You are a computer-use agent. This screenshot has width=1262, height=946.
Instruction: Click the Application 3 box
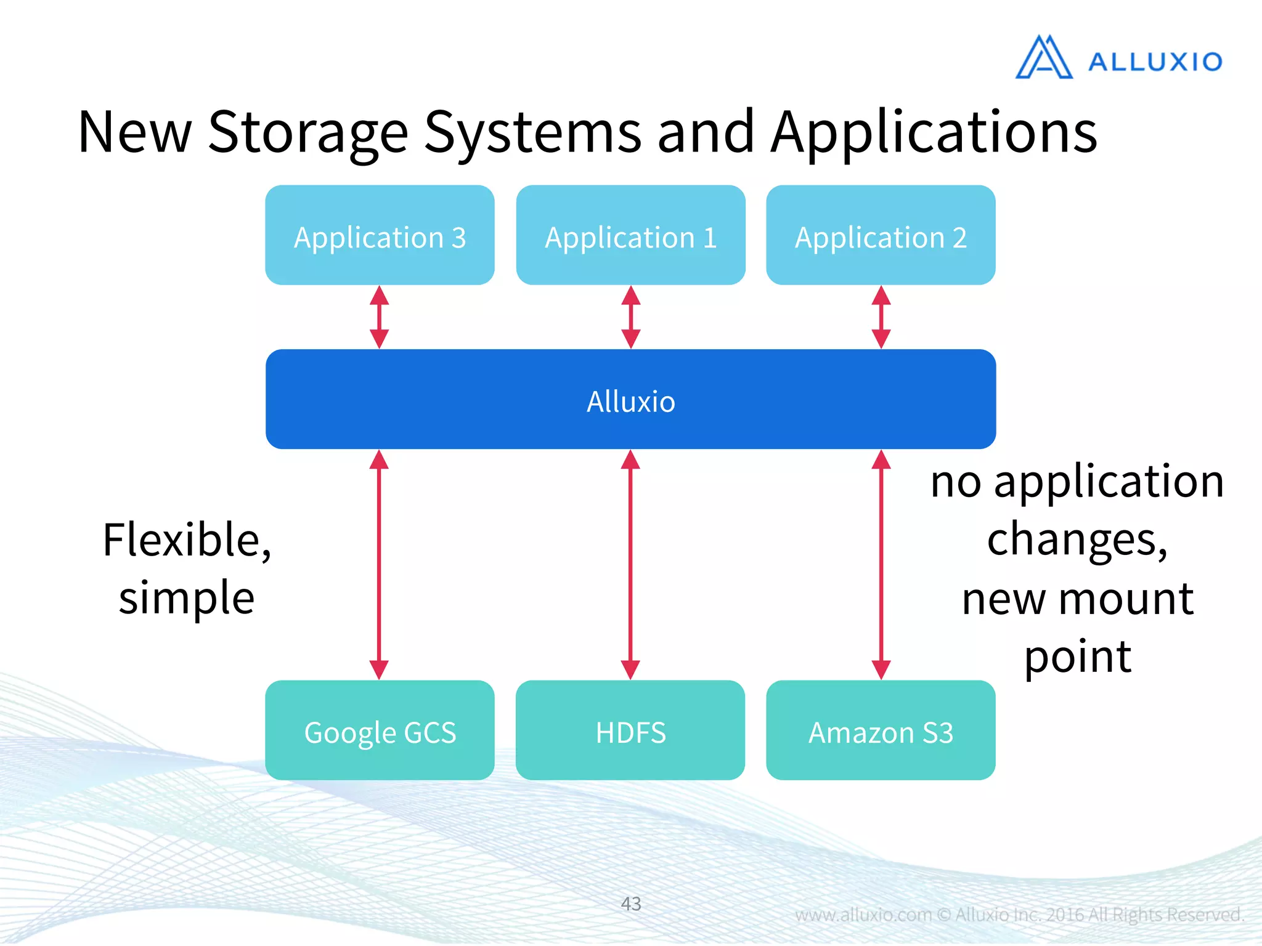pyautogui.click(x=380, y=235)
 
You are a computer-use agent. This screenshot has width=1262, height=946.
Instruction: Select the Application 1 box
pyautogui.click(x=630, y=235)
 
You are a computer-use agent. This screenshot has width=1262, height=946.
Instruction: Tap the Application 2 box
pyautogui.click(x=881, y=235)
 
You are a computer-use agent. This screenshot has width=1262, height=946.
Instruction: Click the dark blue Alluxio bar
pyautogui.click(x=630, y=399)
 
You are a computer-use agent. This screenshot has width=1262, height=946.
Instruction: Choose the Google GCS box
pyautogui.click(x=380, y=730)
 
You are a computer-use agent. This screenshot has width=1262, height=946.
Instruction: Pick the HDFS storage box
pyautogui.click(x=630, y=730)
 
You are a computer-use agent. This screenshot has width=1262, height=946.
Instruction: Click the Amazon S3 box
pyautogui.click(x=881, y=730)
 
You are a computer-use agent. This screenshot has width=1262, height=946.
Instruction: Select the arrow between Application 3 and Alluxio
pyautogui.click(x=379, y=317)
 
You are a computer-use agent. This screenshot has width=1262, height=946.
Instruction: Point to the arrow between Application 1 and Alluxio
pyautogui.click(x=630, y=317)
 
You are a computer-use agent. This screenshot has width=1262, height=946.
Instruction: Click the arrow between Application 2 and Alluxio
pyautogui.click(x=881, y=317)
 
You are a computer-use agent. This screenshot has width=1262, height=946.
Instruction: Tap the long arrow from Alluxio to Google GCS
pyautogui.click(x=379, y=564)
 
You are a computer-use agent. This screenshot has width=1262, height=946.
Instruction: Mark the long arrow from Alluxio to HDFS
pyautogui.click(x=630, y=564)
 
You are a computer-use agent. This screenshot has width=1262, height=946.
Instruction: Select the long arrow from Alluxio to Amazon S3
pyautogui.click(x=881, y=564)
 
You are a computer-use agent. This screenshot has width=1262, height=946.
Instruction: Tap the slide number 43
pyautogui.click(x=631, y=904)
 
